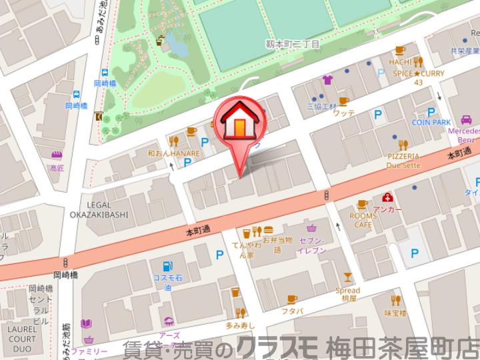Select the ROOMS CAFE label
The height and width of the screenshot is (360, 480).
pos(363,220)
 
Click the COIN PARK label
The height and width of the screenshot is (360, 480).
pos(431,123)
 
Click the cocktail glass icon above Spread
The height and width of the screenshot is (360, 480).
pos(347,277)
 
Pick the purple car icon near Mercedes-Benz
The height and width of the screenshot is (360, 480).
pos(465,120)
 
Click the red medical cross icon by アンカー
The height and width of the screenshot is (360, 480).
pos(387,197)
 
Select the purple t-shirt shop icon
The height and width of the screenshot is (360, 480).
pos(327,81)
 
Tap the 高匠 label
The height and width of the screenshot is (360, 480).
pos(57,169)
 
